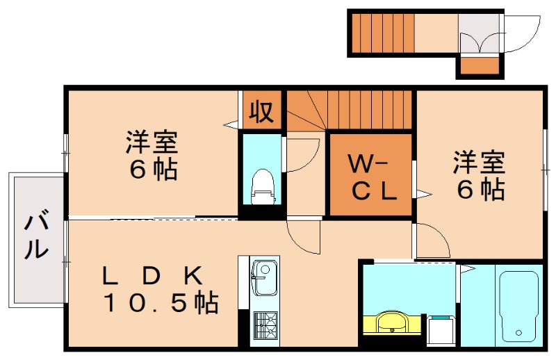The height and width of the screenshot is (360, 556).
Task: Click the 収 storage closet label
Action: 261,111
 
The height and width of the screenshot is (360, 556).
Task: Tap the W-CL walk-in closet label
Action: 371,177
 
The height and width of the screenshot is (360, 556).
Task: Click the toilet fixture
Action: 262,186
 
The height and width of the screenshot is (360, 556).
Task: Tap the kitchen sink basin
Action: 264,278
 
